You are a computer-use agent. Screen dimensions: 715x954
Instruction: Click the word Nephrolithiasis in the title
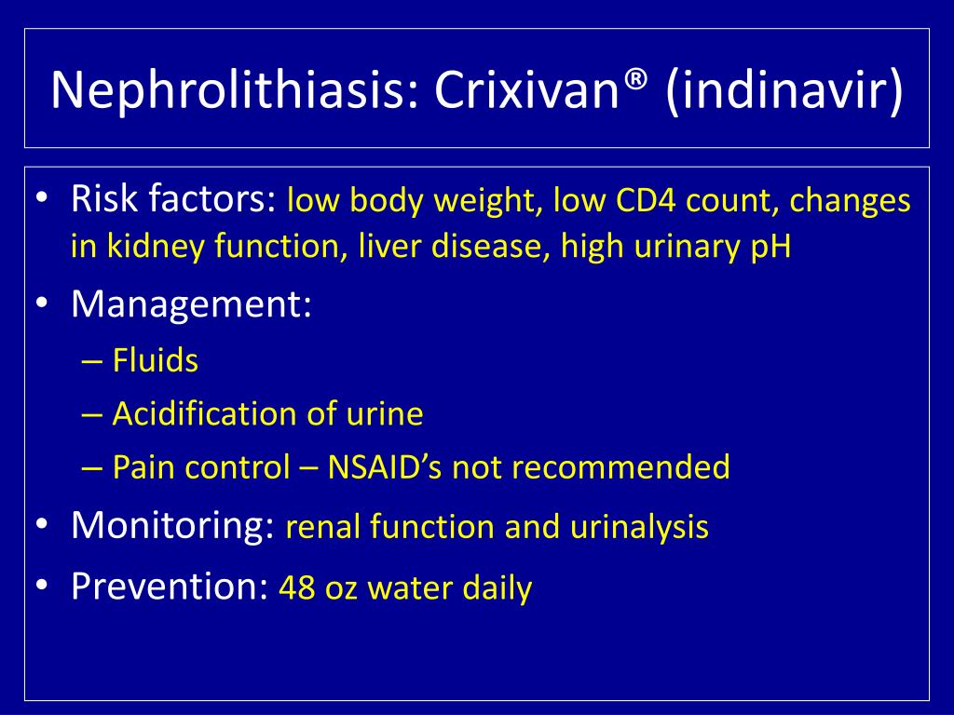pos(224,89)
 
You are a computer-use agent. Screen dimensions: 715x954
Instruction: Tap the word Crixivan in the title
pos(517,89)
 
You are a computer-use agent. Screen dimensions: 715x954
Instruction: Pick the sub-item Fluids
pos(155,360)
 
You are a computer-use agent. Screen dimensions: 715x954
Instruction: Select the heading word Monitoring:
pos(172,526)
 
